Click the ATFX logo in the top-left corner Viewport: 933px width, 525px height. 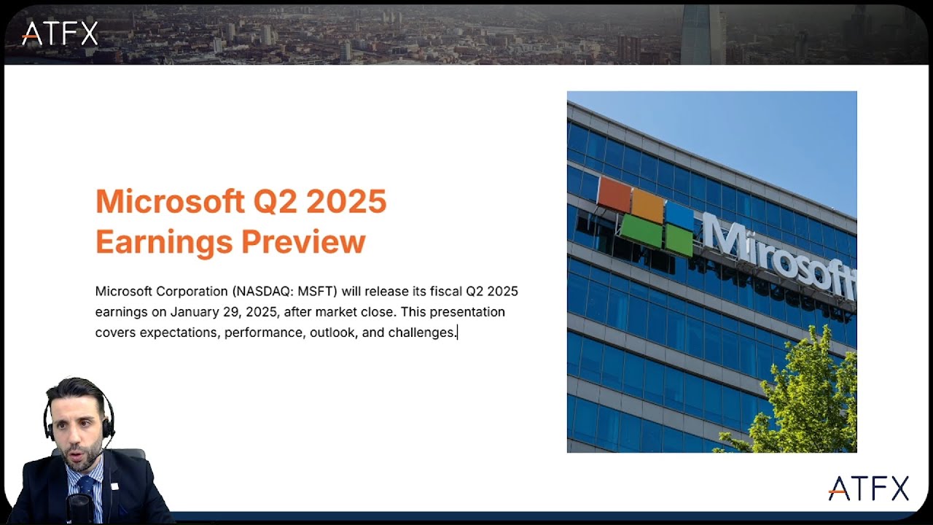pos(60,33)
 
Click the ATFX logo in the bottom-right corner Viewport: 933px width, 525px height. pos(868,489)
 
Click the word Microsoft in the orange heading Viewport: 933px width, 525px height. pos(168,201)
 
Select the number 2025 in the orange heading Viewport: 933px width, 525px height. pos(346,201)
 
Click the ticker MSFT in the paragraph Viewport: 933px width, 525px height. pos(317,292)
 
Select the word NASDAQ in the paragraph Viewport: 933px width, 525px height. pos(263,292)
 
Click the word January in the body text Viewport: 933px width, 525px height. pos(195,312)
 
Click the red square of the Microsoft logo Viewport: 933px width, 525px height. pos(614,194)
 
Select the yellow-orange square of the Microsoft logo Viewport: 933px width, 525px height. pos(648,205)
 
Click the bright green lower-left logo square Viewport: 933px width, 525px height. pos(641,230)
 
